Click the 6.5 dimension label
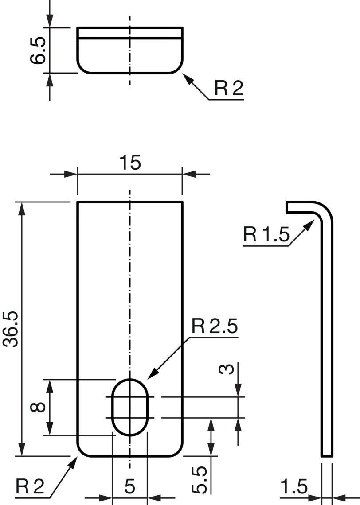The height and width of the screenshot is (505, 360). tap(38, 50)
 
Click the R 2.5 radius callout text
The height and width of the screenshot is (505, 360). tap(215, 326)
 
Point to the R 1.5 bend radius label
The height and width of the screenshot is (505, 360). tap(266, 234)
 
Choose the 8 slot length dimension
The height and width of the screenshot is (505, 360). tap(38, 407)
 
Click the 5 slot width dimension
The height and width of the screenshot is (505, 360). tap(130, 487)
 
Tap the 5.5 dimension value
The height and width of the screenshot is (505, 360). tap(199, 480)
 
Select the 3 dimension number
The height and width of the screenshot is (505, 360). tap(226, 369)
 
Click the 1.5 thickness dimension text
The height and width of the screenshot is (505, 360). tap(294, 487)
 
